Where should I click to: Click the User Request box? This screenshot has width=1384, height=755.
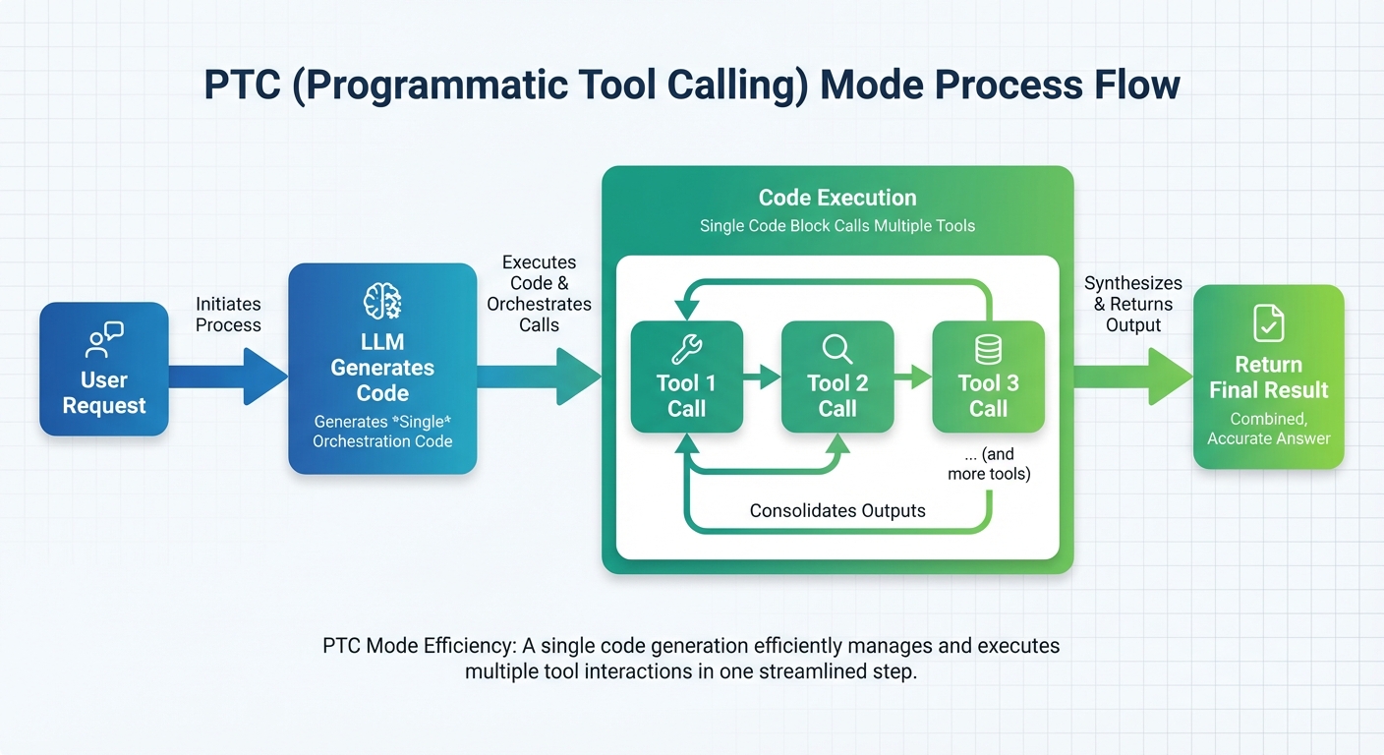(103, 369)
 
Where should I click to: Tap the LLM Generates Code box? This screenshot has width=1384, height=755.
(382, 369)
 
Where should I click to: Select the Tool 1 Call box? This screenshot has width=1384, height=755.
(686, 377)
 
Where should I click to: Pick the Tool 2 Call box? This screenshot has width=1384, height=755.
(837, 377)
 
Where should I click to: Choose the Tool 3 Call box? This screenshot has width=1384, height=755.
(988, 377)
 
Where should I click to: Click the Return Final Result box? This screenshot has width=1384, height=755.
(1268, 377)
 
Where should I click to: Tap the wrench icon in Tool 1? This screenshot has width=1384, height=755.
(686, 348)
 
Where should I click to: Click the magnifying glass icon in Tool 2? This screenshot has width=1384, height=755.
(837, 348)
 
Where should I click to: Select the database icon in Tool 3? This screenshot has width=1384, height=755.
(988, 349)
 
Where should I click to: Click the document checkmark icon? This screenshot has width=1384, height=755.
(1268, 322)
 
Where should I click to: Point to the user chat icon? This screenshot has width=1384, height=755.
(103, 339)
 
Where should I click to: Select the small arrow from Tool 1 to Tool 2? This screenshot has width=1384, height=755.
(762, 376)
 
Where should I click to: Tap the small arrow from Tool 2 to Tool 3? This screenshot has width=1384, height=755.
(913, 376)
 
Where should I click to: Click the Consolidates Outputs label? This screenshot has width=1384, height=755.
(837, 510)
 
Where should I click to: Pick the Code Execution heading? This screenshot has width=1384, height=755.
(837, 198)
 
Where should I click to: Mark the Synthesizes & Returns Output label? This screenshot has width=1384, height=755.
(1133, 304)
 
